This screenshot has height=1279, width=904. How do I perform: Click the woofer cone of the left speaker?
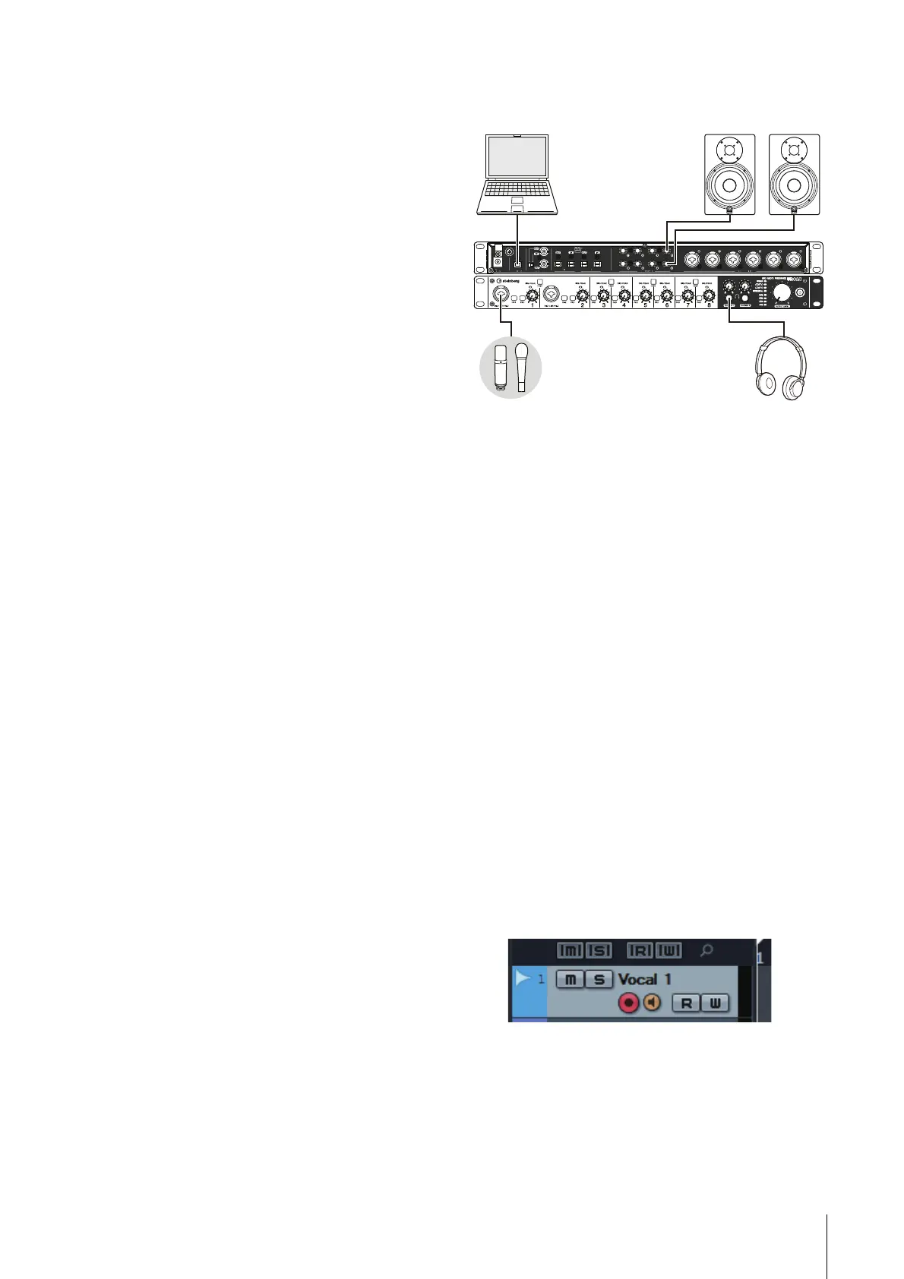tap(729, 185)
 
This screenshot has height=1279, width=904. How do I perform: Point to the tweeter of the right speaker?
tap(794, 150)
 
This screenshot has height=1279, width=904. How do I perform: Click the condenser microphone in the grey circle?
tap(500, 368)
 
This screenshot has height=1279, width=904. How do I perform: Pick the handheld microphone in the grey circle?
tap(522, 368)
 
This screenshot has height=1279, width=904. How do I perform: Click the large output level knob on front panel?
tap(782, 289)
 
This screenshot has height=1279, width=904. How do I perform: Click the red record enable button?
tap(628, 1003)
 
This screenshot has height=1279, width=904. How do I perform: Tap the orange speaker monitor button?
tap(652, 1003)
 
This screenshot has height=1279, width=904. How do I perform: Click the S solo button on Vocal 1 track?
tap(599, 979)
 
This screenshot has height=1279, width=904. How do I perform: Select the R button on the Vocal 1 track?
tap(686, 1003)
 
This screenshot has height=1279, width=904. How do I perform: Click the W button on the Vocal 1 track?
tap(715, 1003)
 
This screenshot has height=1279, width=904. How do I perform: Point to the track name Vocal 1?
tap(644, 979)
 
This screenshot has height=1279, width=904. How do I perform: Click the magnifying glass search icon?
tap(706, 950)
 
